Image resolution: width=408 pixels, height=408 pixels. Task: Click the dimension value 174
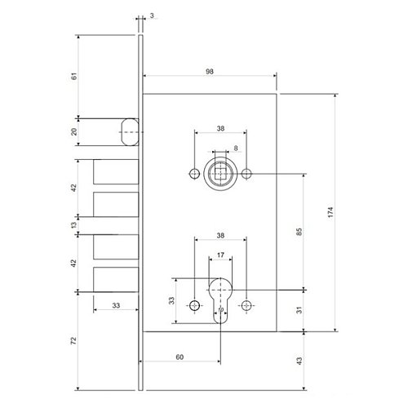(330, 212)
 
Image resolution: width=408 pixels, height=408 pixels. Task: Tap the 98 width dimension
(210, 72)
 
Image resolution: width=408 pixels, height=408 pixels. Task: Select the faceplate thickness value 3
(152, 16)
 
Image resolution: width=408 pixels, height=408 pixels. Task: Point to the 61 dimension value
(74, 76)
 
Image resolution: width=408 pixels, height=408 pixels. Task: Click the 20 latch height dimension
(74, 132)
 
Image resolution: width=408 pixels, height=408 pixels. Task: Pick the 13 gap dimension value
(74, 225)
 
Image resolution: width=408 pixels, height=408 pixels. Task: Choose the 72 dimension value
(74, 340)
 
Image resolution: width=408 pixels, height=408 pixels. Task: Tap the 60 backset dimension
(180, 357)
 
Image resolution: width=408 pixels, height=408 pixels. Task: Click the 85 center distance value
(299, 232)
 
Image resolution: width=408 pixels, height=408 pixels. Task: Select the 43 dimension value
(299, 361)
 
